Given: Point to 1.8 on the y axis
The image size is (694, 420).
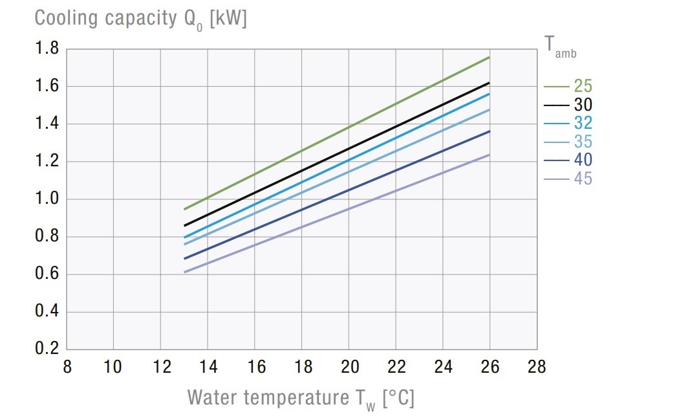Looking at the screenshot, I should [x=46, y=49].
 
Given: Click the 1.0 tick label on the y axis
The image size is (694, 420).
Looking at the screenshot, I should [x=46, y=199].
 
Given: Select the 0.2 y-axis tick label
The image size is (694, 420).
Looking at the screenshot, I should [x=46, y=349].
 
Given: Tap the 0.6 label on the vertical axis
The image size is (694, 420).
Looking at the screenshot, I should [x=46, y=274].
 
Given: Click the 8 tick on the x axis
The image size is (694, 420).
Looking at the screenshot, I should [x=67, y=368].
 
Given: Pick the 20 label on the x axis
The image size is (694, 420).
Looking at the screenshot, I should [x=349, y=368].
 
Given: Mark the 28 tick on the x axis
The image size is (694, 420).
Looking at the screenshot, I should [x=537, y=368].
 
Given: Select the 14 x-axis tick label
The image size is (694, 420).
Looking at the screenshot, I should [x=208, y=368].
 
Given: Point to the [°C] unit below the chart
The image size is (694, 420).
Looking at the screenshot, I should [x=398, y=397].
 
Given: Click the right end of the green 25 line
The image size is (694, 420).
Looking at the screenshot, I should [x=489, y=58].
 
